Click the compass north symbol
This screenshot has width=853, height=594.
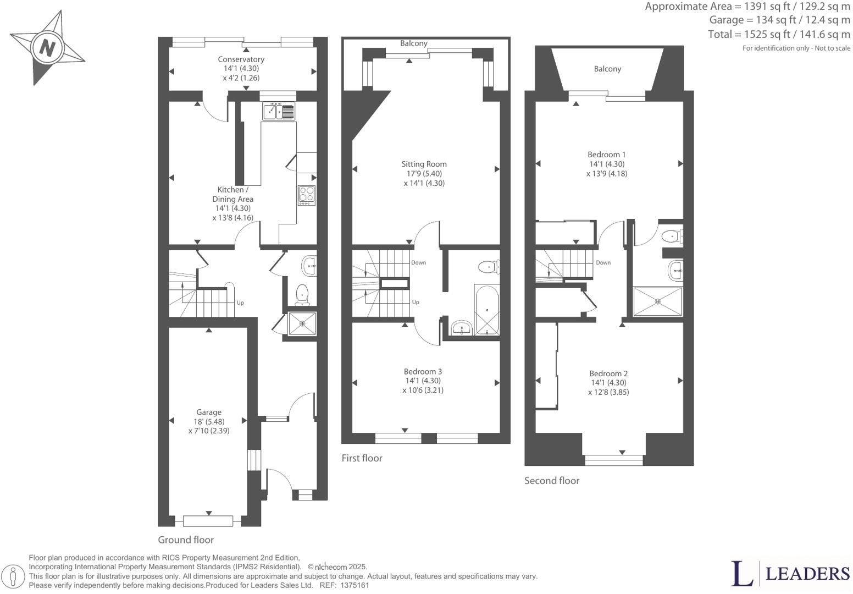pos(47,48)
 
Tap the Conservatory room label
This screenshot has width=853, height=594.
pos(241,59)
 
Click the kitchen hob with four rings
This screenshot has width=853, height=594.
pos(307,195)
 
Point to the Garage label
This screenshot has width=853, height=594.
pos(209,412)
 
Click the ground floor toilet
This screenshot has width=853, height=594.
pos(302,295)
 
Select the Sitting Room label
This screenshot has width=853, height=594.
pos(424,164)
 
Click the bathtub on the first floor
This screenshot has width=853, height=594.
pos(487,310)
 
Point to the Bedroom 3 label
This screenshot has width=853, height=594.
pos(423,371)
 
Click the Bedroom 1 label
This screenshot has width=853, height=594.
pos(607,155)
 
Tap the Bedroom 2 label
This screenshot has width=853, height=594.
pos(608,373)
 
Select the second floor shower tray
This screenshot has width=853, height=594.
pos(658,301)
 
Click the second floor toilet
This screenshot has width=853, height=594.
pos(672,237)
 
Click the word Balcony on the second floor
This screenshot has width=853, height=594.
pos(607,69)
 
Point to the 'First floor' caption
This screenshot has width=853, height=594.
pos(362,458)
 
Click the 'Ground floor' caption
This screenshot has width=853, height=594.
pos(186,540)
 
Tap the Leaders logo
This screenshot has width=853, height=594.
pos(790,574)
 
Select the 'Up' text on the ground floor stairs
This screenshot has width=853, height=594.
pos(240,302)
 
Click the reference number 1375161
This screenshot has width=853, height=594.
pos(355,586)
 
